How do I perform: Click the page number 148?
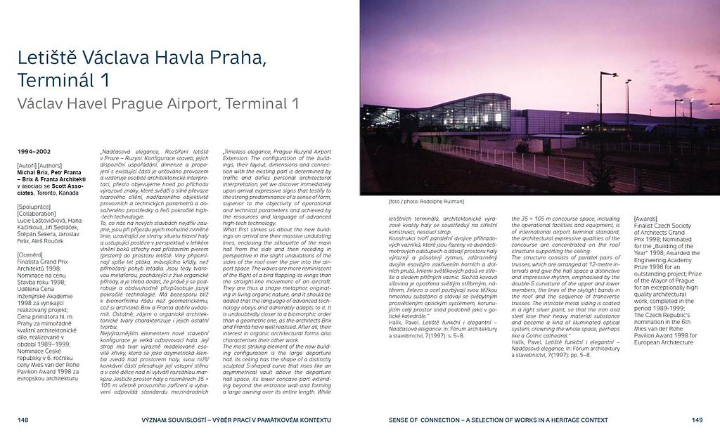click(x=23, y=420)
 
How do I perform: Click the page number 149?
click(x=697, y=420)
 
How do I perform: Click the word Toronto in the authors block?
click(x=49, y=192)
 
